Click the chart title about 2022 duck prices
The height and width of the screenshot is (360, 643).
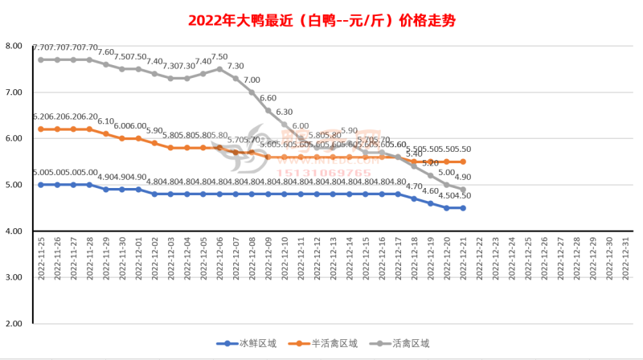[x=321, y=20]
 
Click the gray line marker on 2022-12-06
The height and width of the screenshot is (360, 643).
[x=219, y=69]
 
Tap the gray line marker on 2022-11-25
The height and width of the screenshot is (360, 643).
[x=41, y=59]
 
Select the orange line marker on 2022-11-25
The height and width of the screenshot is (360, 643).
[x=41, y=129]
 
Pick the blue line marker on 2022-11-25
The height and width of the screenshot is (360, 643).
[x=41, y=184]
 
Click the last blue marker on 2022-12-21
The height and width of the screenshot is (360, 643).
[x=463, y=207]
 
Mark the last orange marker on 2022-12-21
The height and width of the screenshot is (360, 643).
[x=463, y=162]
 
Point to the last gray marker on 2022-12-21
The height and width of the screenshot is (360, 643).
[x=463, y=190]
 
